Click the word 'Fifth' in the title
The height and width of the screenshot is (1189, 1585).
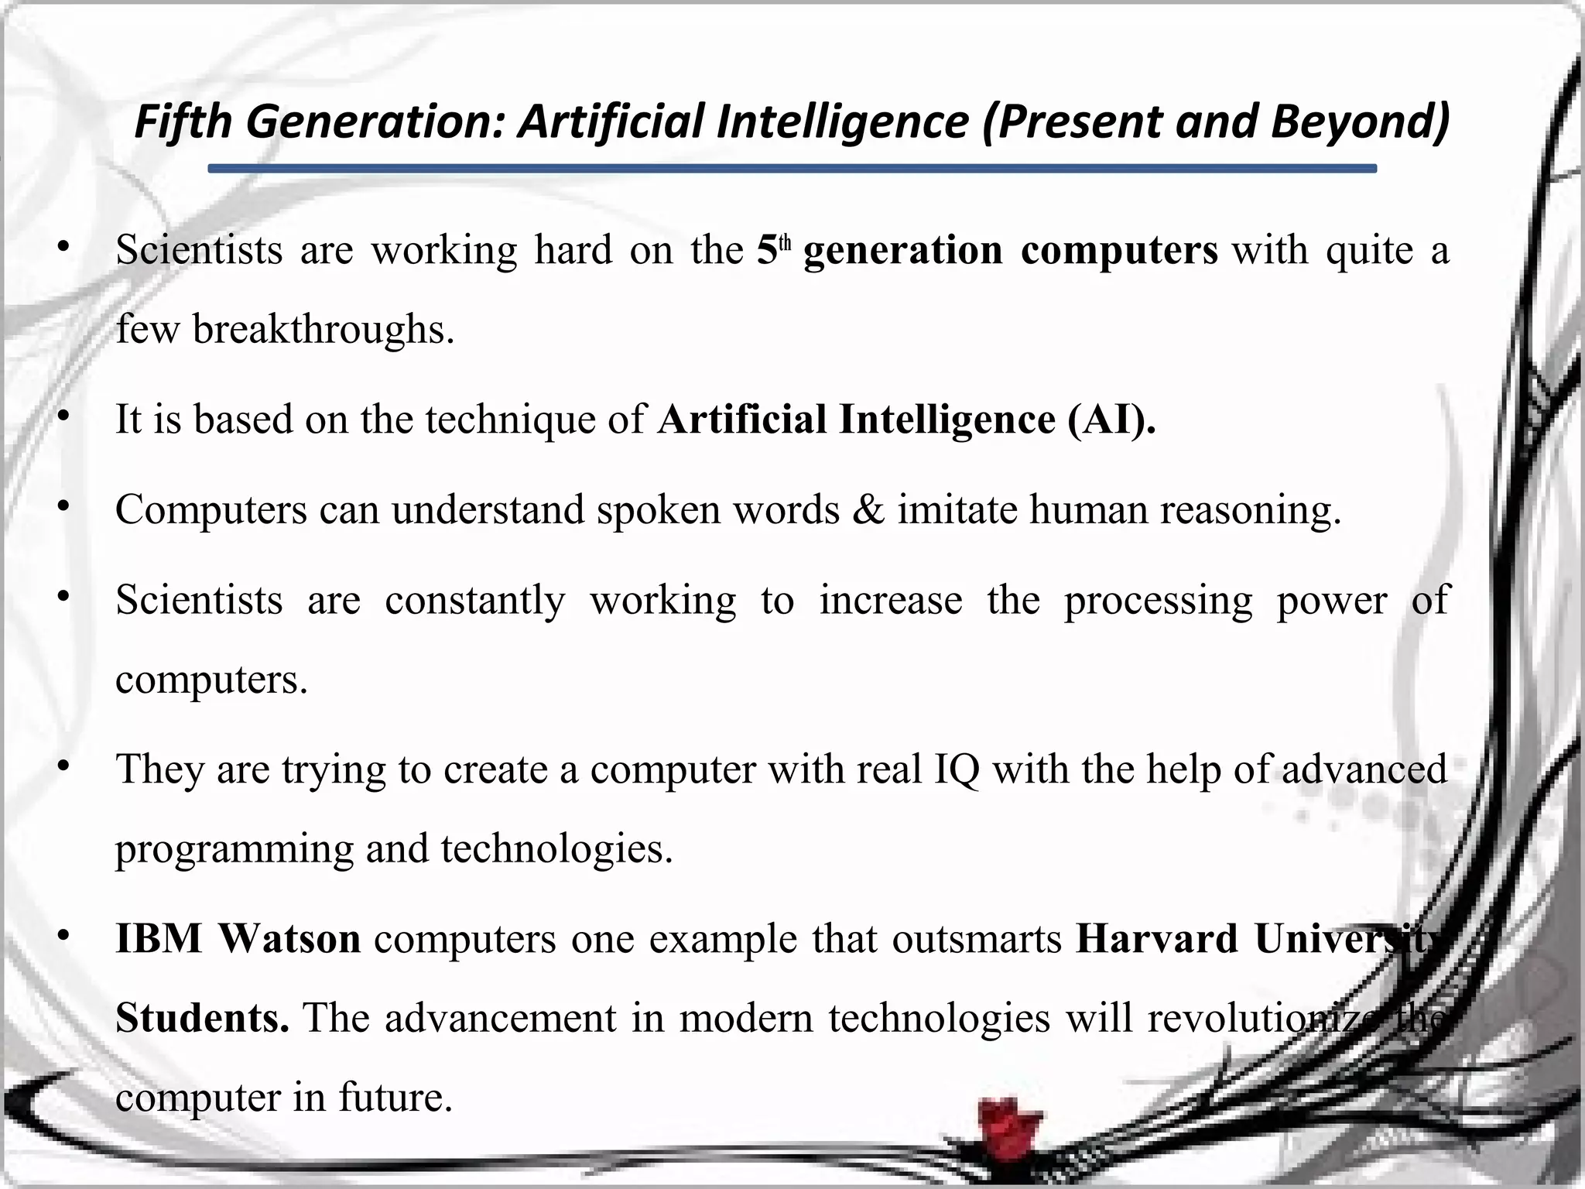coord(183,122)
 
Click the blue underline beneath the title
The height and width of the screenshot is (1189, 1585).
coord(792,168)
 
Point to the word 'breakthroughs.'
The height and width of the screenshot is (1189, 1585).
coord(324,330)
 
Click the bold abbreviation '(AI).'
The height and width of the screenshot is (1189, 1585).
coord(1111,420)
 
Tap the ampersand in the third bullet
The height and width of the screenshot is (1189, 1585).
coord(868,510)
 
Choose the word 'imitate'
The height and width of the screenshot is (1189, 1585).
coord(957,510)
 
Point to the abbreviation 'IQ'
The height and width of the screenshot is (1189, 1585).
coord(957,769)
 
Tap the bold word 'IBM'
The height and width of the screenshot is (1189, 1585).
coord(159,938)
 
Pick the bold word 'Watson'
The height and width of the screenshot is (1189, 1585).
coord(289,938)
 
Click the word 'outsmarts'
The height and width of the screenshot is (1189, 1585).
coord(977,938)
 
